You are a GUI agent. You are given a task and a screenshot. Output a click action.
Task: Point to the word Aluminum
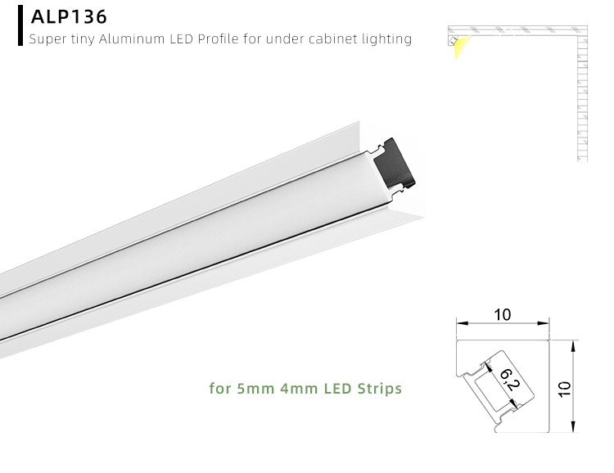(x=134, y=38)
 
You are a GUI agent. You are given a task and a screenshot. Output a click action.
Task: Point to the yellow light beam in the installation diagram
(x=456, y=47)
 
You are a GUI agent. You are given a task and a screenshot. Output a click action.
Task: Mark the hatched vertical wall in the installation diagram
(x=582, y=98)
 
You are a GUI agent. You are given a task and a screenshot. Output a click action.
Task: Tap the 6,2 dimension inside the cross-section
(x=505, y=381)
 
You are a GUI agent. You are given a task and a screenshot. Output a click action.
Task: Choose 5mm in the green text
(x=247, y=388)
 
